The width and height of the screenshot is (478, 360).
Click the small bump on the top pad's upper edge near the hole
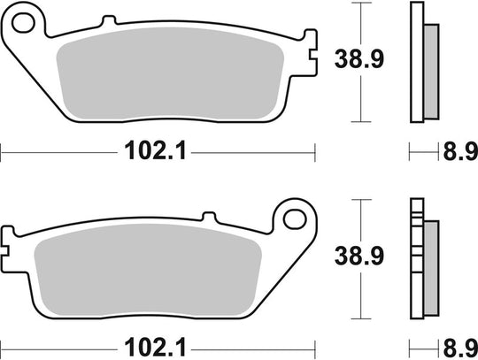click(108, 21)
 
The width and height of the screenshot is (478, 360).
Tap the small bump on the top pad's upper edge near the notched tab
click(281, 28)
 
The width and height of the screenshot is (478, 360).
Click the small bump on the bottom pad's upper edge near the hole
click(209, 215)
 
